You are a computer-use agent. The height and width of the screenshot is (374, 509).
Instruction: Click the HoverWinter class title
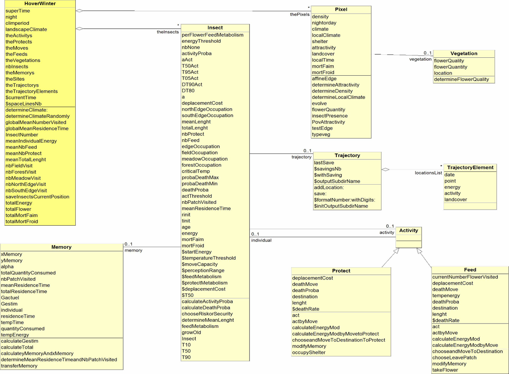pos(40,3)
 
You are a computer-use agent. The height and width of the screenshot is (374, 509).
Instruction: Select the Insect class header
pos(215,28)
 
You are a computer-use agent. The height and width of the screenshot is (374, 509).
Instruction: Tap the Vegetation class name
pos(464,53)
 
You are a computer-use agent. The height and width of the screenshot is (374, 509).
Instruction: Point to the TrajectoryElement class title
pos(470,168)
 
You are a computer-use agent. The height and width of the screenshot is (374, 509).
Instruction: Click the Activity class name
pos(409,230)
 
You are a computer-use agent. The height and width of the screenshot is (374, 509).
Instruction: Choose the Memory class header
pos(61,247)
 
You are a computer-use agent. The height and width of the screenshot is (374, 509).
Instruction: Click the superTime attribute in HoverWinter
pos(18,11)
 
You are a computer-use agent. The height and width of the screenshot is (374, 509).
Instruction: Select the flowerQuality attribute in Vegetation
pos(449,61)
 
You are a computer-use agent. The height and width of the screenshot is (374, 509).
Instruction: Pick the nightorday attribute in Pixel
pos(324,23)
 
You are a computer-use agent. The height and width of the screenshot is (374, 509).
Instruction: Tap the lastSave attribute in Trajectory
pos(324,163)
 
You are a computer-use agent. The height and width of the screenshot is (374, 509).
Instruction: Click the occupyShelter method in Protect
pos(309,353)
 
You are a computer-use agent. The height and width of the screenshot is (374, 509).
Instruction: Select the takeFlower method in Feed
pos(445,370)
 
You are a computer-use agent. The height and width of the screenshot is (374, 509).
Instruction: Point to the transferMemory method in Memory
pos(19,366)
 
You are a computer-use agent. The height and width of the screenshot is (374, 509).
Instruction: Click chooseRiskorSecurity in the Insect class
pos(207,314)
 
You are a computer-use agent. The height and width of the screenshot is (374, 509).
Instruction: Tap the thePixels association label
pos(300,15)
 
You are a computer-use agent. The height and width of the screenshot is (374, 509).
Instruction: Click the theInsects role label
pos(168,32)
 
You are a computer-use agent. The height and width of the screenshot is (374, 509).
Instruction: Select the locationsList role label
pos(428,173)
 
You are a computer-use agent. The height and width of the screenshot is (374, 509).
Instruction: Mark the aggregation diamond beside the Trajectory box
pos(385,170)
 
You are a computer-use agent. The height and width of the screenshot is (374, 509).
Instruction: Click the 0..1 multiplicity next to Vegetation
pos(427,53)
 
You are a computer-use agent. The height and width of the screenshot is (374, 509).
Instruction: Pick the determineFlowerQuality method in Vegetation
pos(461,80)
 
